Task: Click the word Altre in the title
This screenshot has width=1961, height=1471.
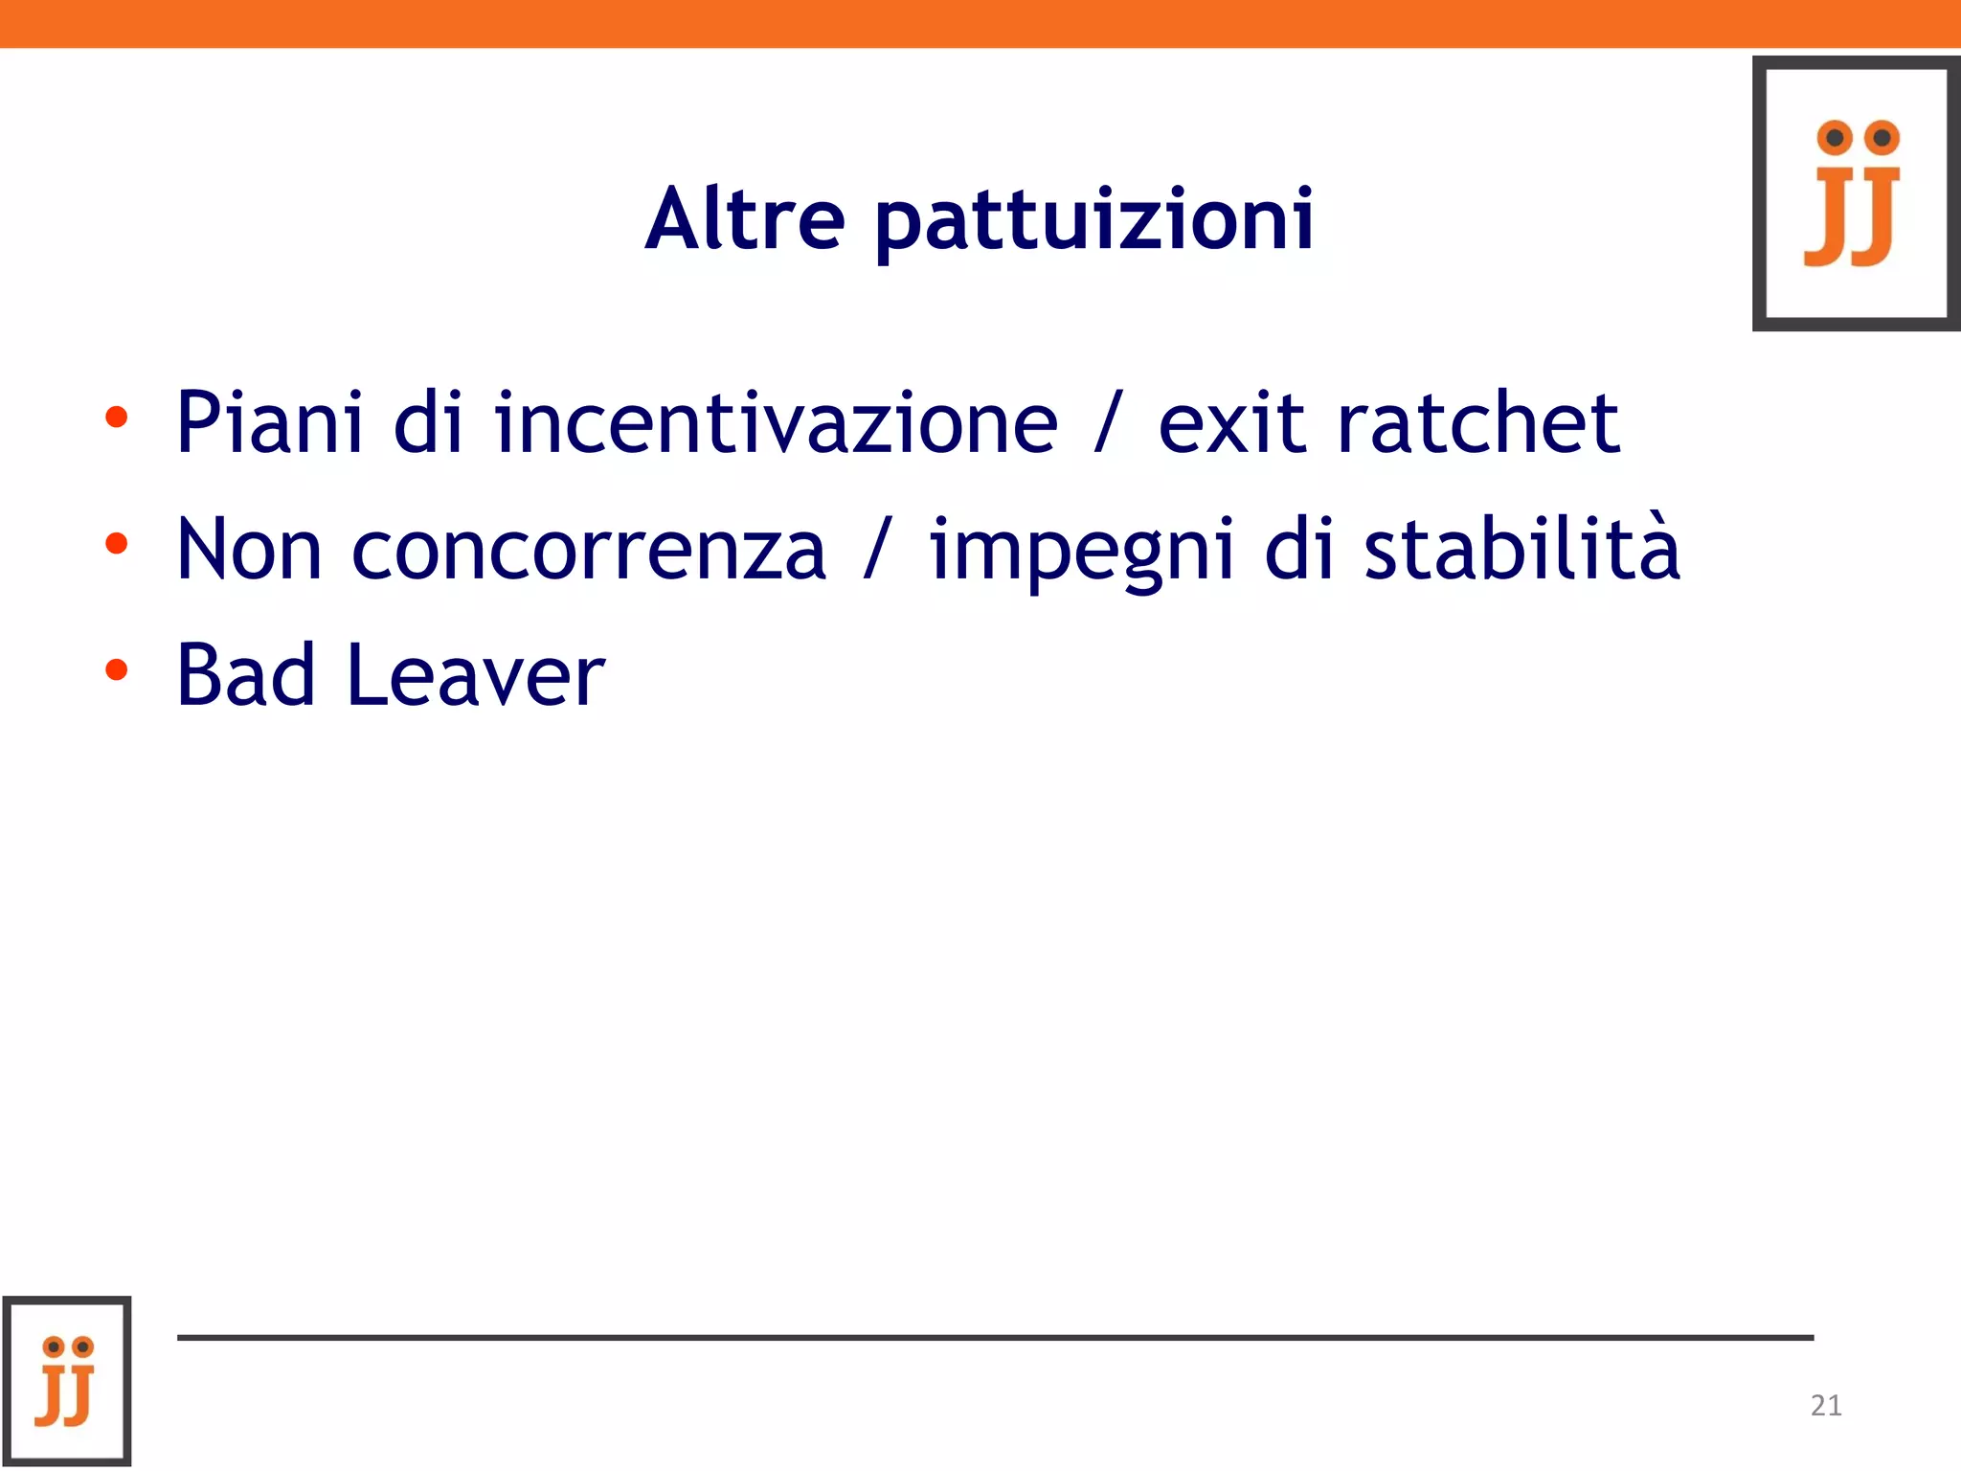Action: tap(745, 217)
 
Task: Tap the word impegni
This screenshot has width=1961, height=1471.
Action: tap(1081, 553)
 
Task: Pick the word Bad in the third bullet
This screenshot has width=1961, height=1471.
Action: tap(246, 674)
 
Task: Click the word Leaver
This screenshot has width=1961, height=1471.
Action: tap(476, 674)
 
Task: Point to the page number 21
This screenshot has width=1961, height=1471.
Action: tap(1826, 1405)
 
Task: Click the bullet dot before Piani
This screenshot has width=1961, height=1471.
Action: tap(116, 418)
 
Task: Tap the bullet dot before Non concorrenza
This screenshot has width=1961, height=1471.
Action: tap(116, 544)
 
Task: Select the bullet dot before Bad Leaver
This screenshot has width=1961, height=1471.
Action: tap(116, 669)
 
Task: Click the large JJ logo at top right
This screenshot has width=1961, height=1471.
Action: tap(1856, 193)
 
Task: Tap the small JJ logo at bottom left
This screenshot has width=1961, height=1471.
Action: tap(66, 1381)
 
